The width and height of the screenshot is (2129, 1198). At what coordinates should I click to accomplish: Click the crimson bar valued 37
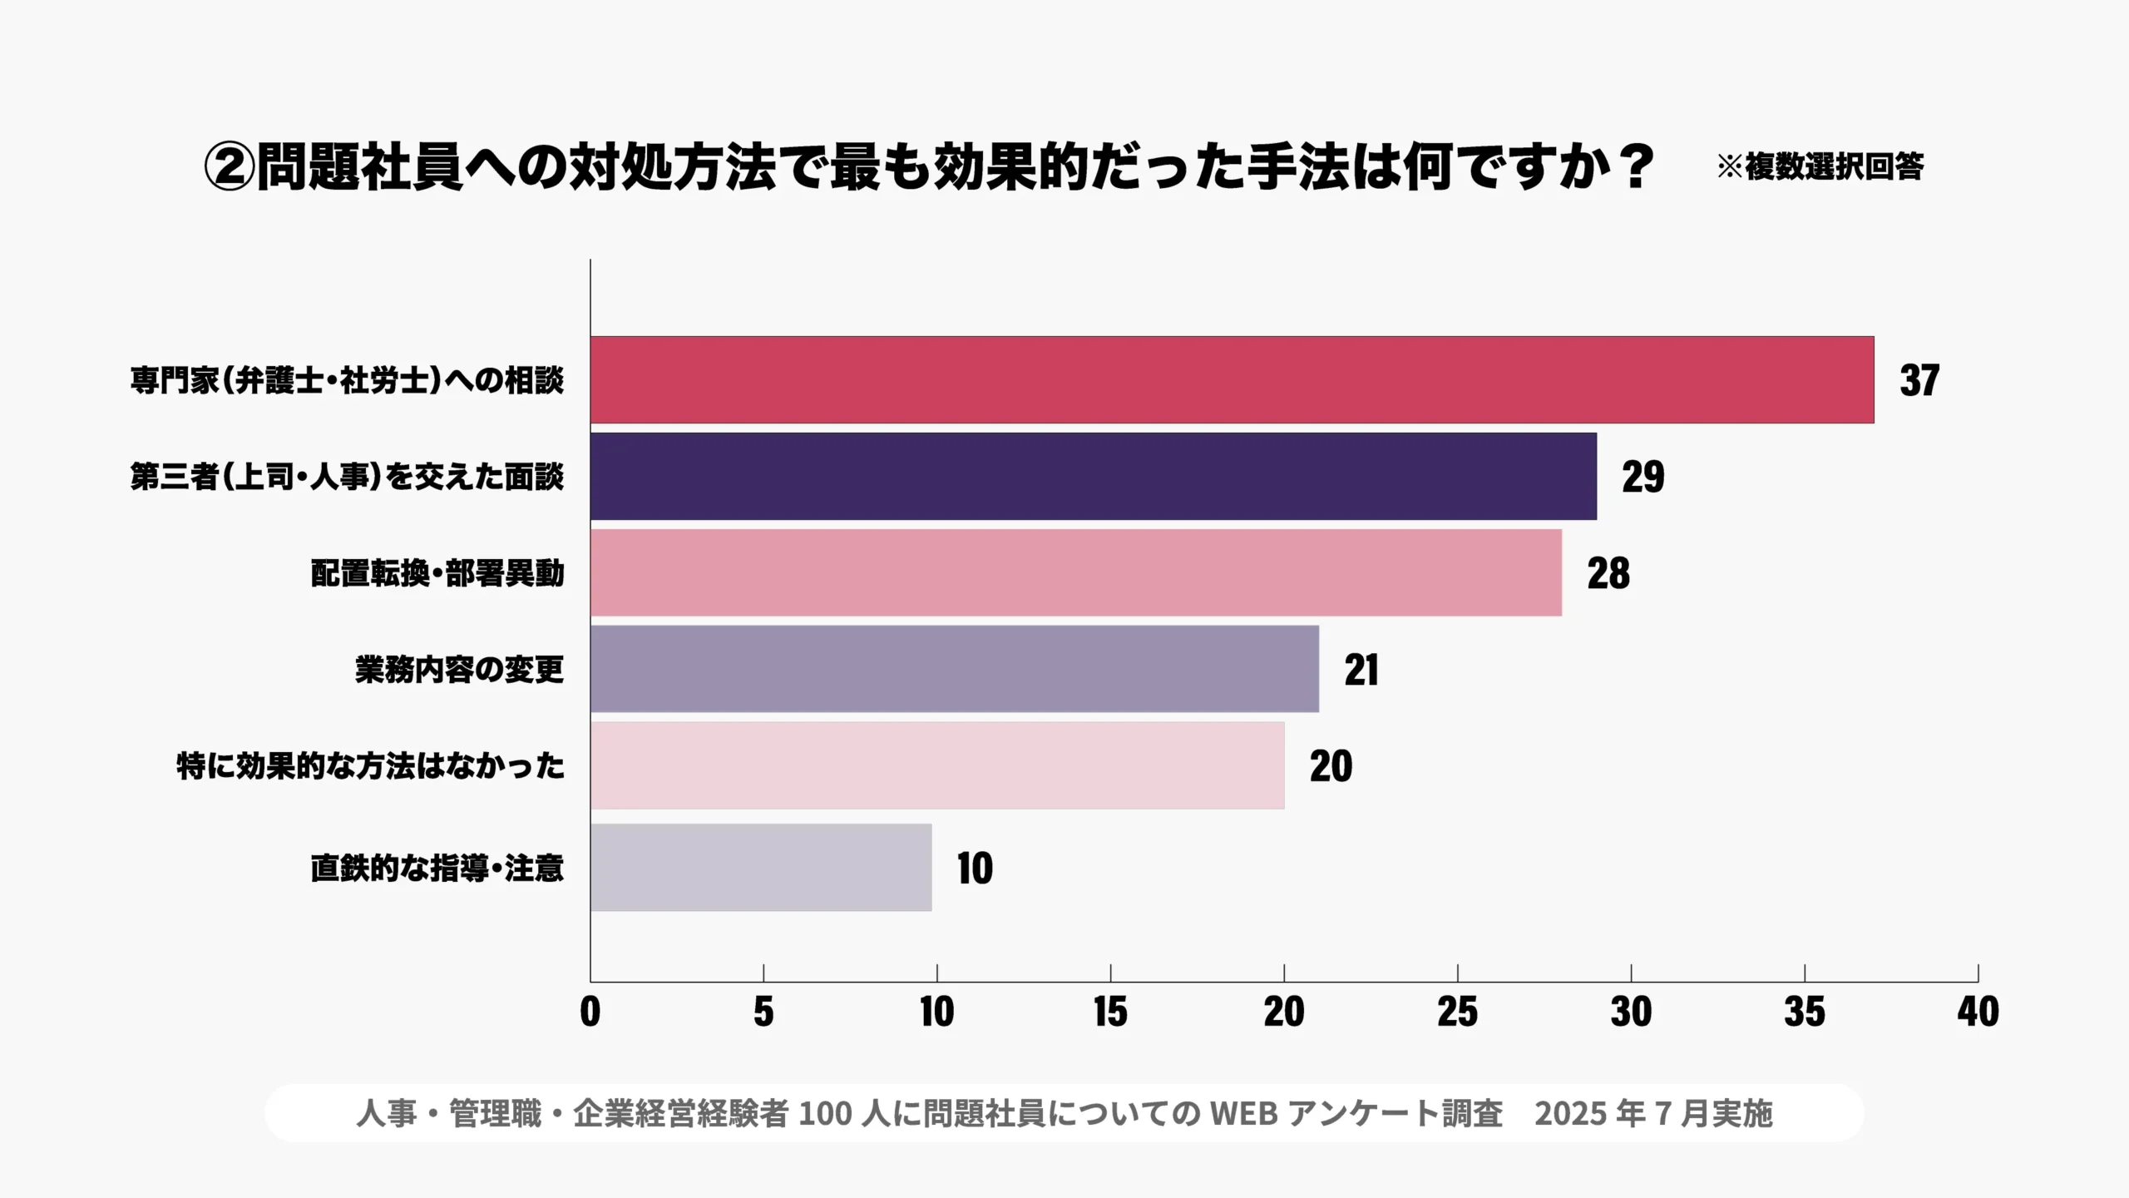tap(1232, 380)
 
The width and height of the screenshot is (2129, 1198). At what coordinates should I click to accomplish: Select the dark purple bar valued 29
tap(1093, 477)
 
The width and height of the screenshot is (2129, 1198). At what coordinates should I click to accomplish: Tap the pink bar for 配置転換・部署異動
tap(1075, 573)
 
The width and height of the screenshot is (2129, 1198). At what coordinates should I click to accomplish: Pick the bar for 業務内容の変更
tap(954, 670)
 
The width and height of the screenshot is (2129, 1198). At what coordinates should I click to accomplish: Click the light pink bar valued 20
tap(937, 765)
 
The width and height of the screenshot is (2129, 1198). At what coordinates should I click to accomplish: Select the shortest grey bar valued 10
tap(761, 868)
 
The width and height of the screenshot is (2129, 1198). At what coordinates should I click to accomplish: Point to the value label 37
tap(1919, 380)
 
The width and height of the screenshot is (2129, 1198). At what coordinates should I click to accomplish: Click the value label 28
tap(1608, 573)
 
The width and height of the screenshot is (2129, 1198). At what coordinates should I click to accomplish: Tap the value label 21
tap(1361, 670)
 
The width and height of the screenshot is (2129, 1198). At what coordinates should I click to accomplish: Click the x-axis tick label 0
tap(590, 1012)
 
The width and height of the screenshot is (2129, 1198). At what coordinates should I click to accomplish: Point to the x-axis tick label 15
tap(1110, 1012)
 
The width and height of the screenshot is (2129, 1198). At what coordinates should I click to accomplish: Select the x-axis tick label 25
tap(1457, 1012)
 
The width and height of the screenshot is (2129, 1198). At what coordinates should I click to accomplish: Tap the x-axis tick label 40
tap(1978, 1012)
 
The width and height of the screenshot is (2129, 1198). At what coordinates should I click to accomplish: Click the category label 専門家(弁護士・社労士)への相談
tap(347, 380)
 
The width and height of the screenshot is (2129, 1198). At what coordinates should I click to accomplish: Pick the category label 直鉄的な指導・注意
tap(437, 868)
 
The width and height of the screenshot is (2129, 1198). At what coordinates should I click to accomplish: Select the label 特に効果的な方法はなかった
tap(370, 765)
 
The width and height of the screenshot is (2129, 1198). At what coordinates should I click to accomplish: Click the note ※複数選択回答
tap(1820, 167)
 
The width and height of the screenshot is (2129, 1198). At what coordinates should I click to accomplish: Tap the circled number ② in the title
tap(229, 167)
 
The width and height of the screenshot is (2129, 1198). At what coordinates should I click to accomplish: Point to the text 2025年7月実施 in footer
tap(1653, 1113)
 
